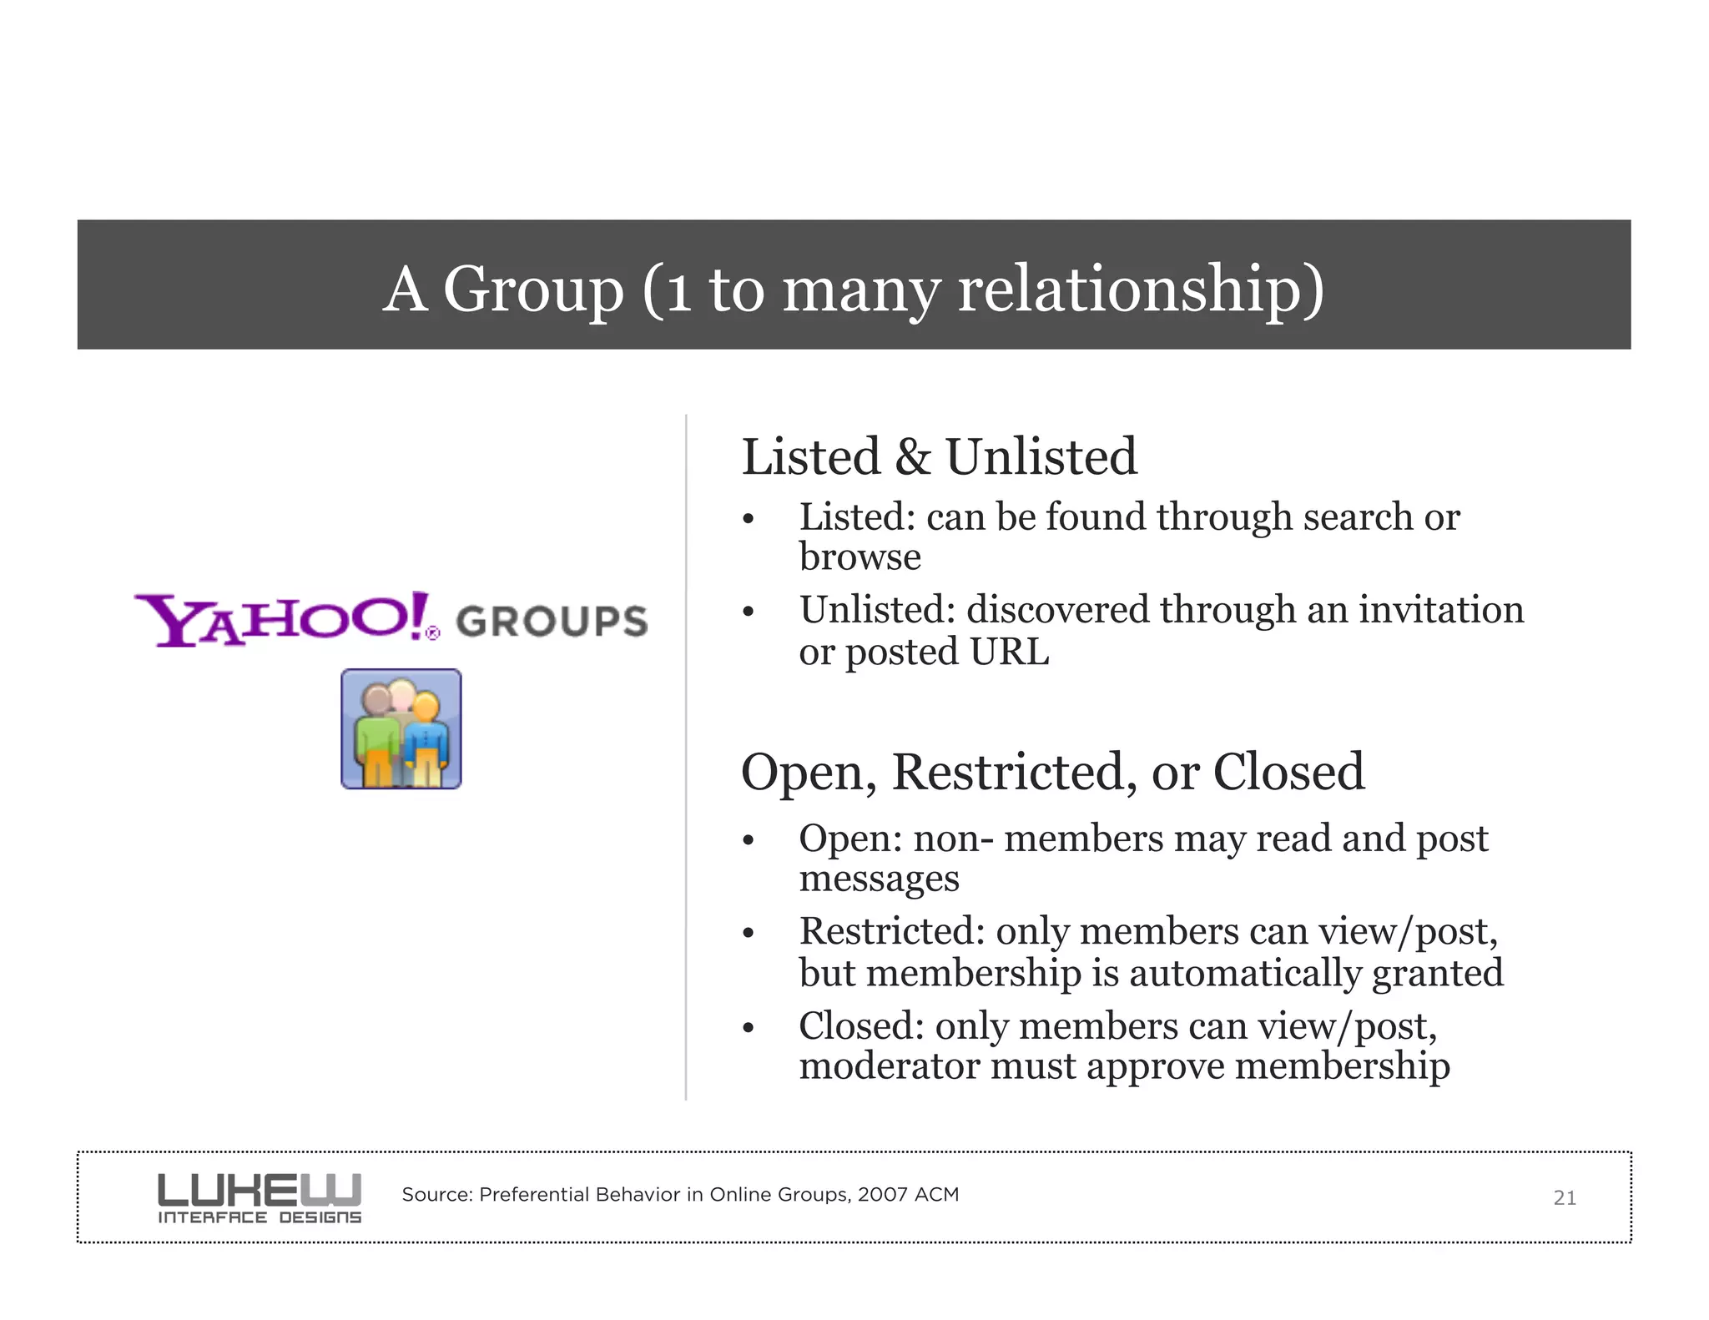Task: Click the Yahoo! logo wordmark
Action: (284, 619)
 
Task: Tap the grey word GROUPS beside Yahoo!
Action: (552, 622)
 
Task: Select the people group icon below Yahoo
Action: (401, 729)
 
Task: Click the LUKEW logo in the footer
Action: (260, 1198)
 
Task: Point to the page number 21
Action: (1564, 1198)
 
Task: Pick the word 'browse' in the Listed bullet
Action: (860, 557)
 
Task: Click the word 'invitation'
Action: (1441, 609)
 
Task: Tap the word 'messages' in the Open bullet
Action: (879, 879)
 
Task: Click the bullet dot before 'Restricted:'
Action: (748, 933)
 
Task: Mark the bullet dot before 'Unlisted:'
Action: (748, 612)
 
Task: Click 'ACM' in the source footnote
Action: (936, 1194)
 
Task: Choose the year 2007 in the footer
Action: (882, 1194)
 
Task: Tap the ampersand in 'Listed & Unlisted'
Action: (912, 457)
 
